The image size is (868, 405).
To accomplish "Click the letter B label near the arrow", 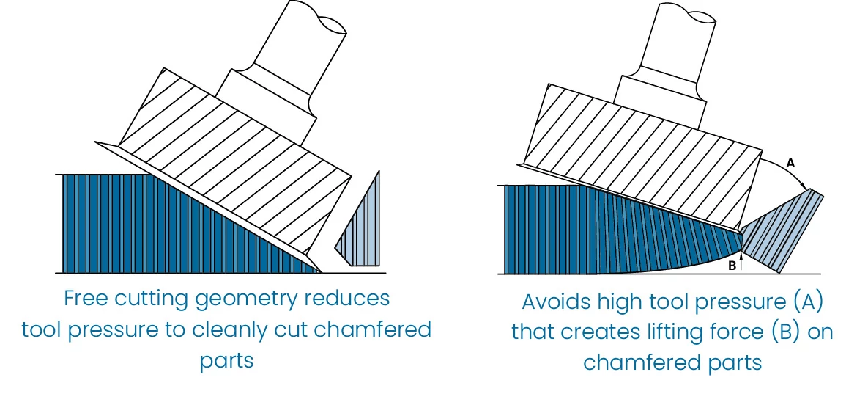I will (732, 266).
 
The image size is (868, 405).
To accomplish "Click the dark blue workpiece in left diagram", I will (146, 227).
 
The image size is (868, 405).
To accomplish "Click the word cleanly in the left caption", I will (234, 330).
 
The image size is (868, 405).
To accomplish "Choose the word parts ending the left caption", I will (226, 362).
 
